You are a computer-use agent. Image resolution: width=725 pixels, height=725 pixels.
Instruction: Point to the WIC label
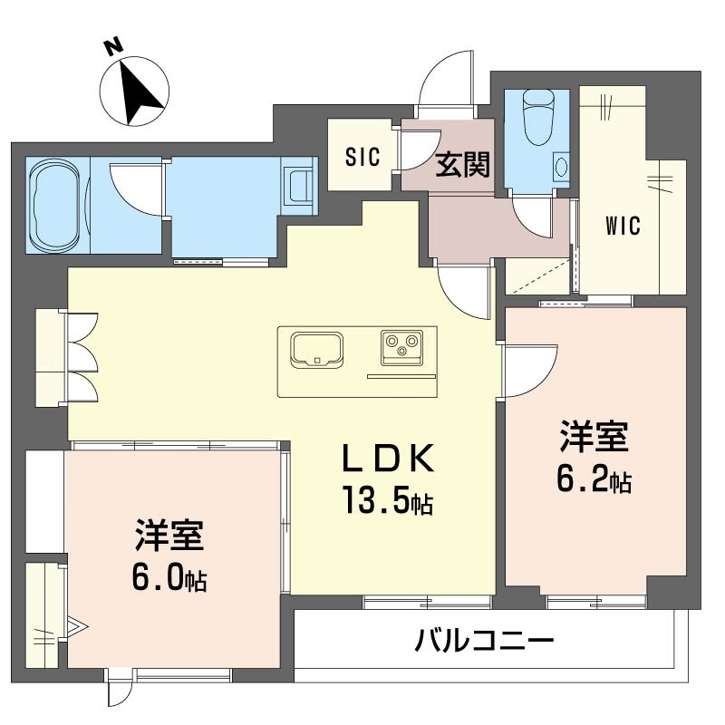pyautogui.click(x=623, y=226)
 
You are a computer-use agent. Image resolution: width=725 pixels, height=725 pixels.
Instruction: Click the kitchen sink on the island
pyautogui.click(x=316, y=350)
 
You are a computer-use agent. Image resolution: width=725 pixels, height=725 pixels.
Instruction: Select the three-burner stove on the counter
pyautogui.click(x=402, y=346)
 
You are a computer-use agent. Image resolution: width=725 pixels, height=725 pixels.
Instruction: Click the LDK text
pyautogui.click(x=387, y=461)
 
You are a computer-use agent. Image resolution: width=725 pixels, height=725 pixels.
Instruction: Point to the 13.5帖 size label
pyautogui.click(x=387, y=499)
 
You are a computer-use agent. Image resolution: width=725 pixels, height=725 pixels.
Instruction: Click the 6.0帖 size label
pyautogui.click(x=169, y=577)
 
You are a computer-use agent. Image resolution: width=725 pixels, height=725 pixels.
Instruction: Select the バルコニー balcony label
pyautogui.click(x=484, y=643)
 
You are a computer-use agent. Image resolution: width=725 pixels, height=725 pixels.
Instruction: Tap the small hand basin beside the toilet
pyautogui.click(x=560, y=168)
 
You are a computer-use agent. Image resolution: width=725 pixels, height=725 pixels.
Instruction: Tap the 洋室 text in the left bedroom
pyautogui.click(x=169, y=536)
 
